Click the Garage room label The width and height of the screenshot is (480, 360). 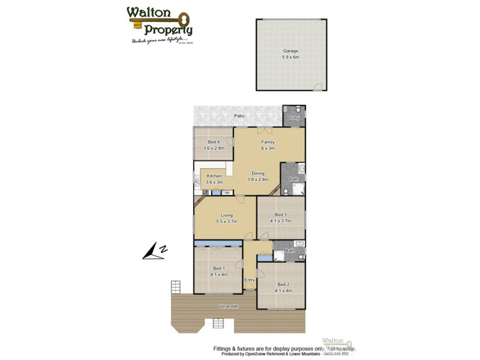click(290, 51)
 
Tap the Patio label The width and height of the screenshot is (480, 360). click(239, 116)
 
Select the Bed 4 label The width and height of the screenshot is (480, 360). click(214, 142)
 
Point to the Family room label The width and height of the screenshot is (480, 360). click(268, 142)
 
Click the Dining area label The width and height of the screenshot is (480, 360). click(258, 173)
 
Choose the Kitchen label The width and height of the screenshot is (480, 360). click(214, 176)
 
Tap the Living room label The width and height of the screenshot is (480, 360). click(226, 215)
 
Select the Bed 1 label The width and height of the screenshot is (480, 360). click(219, 268)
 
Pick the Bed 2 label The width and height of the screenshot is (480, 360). click(284, 284)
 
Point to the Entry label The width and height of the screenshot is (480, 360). click(250, 280)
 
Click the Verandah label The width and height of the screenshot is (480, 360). click(229, 307)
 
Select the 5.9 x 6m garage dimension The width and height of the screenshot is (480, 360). click(290, 57)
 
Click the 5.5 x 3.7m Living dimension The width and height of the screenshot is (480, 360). click(226, 221)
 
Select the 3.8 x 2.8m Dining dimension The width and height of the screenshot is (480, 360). click(258, 179)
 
